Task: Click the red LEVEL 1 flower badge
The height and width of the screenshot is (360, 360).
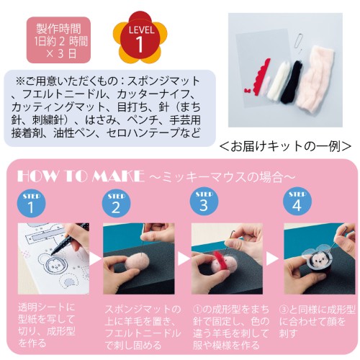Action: [x=140, y=37]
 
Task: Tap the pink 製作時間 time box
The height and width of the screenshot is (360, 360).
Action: [x=58, y=40]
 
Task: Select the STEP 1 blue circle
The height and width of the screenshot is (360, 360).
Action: [x=31, y=203]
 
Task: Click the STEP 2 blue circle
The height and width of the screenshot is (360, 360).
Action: [x=117, y=203]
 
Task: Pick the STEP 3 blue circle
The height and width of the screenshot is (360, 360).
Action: [x=204, y=202]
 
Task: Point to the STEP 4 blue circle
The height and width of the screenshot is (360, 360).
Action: [x=297, y=202]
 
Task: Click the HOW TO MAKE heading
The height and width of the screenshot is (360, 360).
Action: [x=81, y=176]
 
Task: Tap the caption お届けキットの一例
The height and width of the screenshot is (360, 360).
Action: [x=286, y=146]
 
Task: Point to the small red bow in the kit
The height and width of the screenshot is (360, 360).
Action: [x=248, y=91]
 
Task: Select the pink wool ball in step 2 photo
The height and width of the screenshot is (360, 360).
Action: [x=138, y=264]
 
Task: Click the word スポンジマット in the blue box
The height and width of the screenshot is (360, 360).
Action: [x=163, y=81]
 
